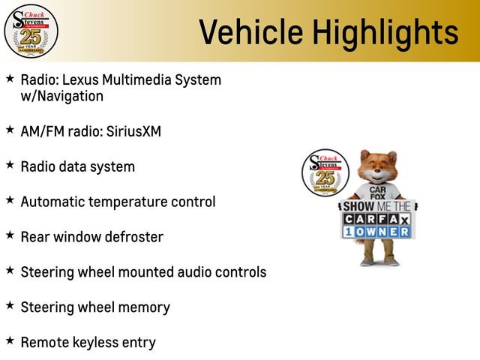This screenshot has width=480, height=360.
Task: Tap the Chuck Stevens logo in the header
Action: (x=31, y=31)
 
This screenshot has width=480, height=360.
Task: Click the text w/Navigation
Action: (x=62, y=96)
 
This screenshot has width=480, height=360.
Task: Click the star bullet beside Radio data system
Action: (x=10, y=165)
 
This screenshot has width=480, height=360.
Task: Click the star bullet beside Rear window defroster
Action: (x=10, y=235)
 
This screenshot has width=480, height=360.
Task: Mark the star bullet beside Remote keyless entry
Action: (x=10, y=341)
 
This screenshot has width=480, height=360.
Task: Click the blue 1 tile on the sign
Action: (x=349, y=232)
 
